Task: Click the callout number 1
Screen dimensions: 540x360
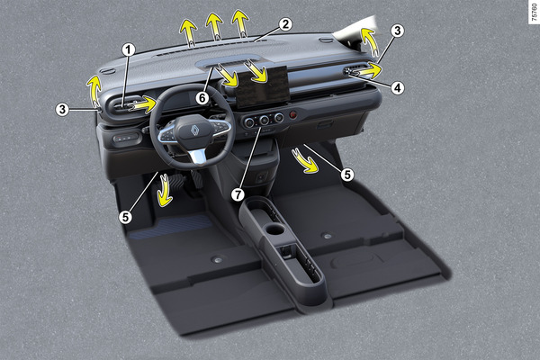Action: click(x=129, y=50)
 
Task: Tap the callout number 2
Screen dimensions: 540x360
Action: click(x=285, y=24)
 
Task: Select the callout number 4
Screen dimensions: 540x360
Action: click(x=398, y=88)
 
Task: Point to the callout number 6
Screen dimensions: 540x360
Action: click(x=202, y=98)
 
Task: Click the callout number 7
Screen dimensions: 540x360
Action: click(x=238, y=195)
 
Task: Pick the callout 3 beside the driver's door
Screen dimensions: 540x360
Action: click(x=62, y=110)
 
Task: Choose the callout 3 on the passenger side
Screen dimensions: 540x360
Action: click(x=398, y=31)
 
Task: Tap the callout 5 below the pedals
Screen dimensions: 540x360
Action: click(x=125, y=217)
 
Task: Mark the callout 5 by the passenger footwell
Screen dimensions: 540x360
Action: click(x=347, y=175)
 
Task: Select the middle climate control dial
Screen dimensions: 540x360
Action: click(x=264, y=120)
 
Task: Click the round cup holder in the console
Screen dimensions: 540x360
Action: click(x=275, y=229)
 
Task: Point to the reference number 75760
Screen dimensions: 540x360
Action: click(x=534, y=13)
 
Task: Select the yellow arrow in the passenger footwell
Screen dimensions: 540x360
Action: click(x=304, y=160)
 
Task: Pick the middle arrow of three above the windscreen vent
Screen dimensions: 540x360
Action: click(x=214, y=25)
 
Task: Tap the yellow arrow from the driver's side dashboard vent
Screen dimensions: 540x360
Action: click(x=143, y=104)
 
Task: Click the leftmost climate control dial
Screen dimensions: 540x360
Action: click(x=248, y=121)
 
